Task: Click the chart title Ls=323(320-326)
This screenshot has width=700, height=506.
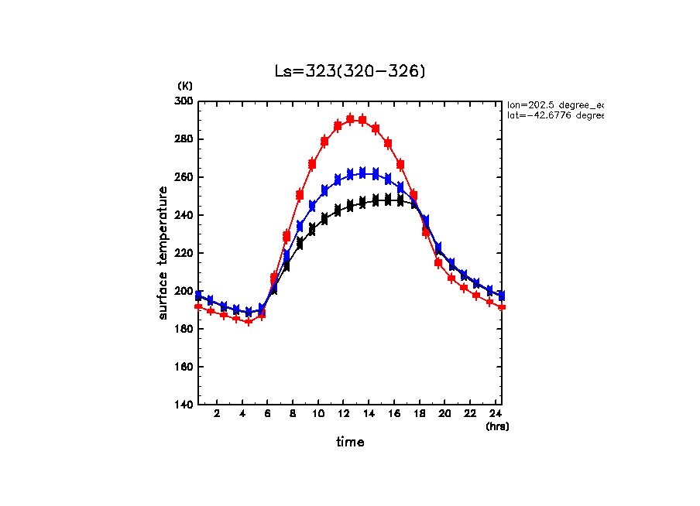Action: coord(350,71)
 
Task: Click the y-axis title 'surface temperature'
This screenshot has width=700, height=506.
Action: coord(163,253)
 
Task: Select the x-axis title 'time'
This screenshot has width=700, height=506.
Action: coord(350,443)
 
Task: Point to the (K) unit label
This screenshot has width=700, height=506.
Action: coord(185,86)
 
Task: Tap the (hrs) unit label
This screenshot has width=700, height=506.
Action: coord(497,426)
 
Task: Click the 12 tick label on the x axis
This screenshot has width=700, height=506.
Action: coord(343,415)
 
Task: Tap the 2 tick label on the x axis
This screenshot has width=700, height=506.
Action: coord(217,415)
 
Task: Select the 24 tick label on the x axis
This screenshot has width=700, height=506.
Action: coord(496,415)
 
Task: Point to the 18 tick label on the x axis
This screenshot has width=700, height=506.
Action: coord(420,415)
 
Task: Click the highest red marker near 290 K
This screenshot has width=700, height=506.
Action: coord(350,119)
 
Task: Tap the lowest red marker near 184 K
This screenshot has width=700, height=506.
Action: coord(249,321)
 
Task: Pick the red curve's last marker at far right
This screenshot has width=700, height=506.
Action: coord(503,307)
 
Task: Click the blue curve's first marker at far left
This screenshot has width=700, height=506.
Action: coord(198,296)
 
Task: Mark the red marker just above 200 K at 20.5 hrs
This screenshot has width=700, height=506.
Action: coord(451,279)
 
